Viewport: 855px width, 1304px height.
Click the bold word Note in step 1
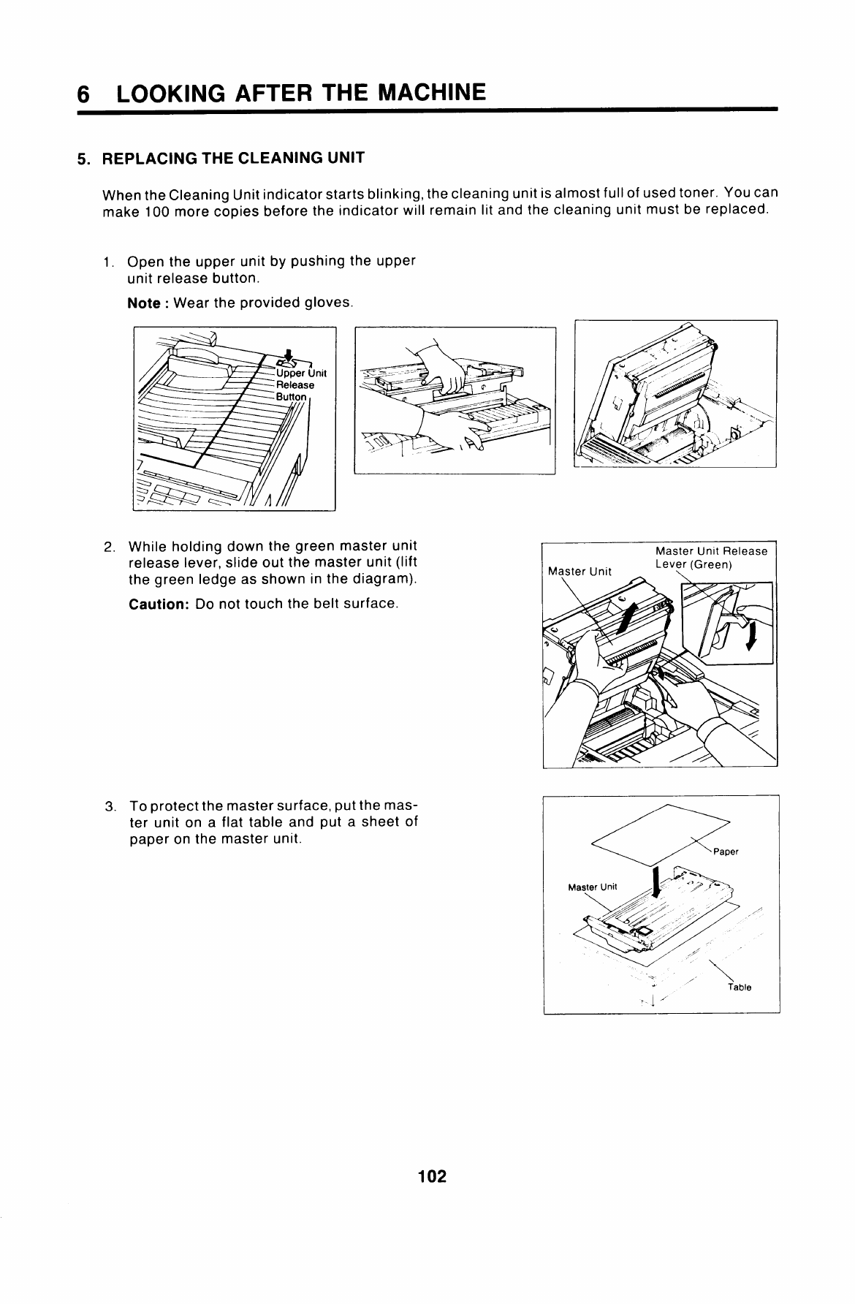pyautogui.click(x=143, y=303)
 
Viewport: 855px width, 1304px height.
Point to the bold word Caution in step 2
pyautogui.click(x=159, y=604)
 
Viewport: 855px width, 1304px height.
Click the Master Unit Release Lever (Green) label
pyautogui.click(x=711, y=558)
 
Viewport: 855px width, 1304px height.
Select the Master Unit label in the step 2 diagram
pyautogui.click(x=579, y=572)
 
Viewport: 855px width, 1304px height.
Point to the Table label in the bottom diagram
pyautogui.click(x=740, y=988)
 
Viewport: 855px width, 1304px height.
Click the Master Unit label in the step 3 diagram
pyautogui.click(x=593, y=887)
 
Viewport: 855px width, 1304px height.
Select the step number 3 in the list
pyautogui.click(x=109, y=807)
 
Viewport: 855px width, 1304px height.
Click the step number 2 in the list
pyautogui.click(x=109, y=547)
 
